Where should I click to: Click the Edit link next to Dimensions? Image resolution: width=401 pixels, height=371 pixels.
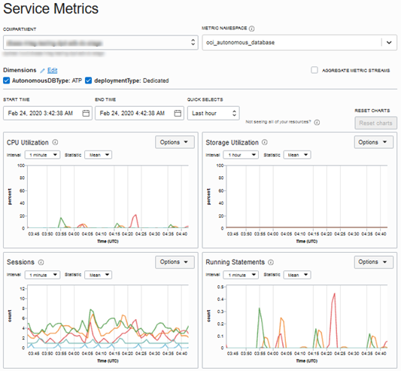point(52,70)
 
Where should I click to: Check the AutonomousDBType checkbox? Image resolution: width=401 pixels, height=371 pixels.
point(7,81)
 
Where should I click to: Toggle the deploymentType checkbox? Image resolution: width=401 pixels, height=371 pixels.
point(89,81)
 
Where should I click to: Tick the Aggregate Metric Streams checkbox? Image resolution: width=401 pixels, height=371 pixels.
point(314,70)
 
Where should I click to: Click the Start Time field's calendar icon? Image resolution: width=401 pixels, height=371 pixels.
point(86,113)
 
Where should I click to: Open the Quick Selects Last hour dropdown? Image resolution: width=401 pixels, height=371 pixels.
point(214,113)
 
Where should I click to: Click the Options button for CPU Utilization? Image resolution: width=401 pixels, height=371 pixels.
point(175,141)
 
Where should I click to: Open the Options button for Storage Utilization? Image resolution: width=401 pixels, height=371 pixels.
point(374,141)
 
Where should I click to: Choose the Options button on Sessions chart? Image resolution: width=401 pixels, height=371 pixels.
point(175,262)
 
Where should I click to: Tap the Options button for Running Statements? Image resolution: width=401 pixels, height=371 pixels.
point(374,262)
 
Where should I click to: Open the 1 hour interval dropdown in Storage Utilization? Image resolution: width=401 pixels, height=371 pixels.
point(242,155)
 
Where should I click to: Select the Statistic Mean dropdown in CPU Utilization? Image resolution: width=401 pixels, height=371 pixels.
point(99,155)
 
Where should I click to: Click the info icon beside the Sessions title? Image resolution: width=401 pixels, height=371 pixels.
point(41,263)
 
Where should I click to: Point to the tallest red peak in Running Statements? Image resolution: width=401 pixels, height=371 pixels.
point(333,294)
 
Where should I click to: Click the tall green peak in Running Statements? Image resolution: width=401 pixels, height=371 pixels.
point(259,309)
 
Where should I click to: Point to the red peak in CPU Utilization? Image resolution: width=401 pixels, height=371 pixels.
point(135,216)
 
